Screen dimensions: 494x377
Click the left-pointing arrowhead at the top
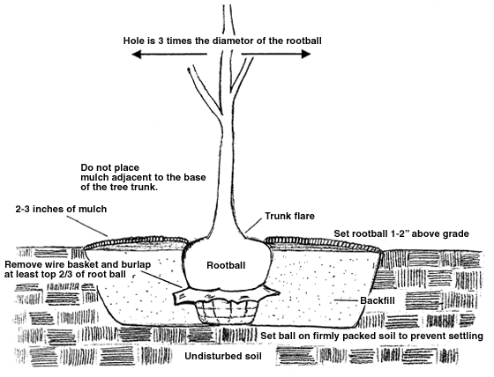[137, 55]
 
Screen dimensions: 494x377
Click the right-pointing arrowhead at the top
[306, 54]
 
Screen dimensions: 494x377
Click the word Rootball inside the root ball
[226, 265]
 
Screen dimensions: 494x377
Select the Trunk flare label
[289, 216]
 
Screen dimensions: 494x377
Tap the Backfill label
[378, 300]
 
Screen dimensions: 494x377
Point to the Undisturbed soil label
[223, 356]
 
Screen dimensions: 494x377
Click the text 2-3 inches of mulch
[61, 209]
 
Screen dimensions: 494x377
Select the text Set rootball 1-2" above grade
[401, 233]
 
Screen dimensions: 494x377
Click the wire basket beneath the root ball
[228, 312]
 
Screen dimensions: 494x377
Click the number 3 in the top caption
[161, 41]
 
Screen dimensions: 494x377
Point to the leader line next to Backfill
[347, 300]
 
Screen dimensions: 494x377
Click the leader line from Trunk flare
[253, 225]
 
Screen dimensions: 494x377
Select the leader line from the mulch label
[87, 226]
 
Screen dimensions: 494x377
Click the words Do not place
[110, 167]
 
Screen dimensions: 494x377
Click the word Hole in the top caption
[132, 41]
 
